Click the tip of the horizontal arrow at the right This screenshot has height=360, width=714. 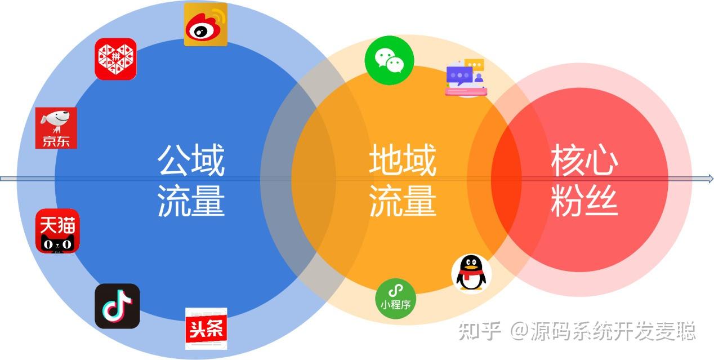pos(713,179)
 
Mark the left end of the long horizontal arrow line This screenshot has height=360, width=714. pos(1,179)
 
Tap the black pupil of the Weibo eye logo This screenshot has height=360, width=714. pos(200,32)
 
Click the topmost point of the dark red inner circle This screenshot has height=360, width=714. pos(579,88)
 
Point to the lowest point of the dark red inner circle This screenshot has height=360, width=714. pos(579,272)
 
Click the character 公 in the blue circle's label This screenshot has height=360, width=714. pos(173,160)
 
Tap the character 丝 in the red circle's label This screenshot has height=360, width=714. pos(601,201)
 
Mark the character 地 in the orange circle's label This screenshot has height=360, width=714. pos(386,159)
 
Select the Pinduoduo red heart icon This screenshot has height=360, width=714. pos(115,59)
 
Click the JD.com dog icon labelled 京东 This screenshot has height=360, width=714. pos(56,128)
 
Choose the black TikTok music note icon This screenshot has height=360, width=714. pos(117,306)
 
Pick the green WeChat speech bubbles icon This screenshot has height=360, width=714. pos(389,60)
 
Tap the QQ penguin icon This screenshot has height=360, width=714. pos(471,274)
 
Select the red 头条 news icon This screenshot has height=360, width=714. pos(206,328)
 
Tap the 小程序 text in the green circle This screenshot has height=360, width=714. pos(395,305)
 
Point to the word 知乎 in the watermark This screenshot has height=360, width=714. pos(479,331)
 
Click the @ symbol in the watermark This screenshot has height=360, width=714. pos(519,331)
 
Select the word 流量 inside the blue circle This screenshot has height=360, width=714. pos(191,201)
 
